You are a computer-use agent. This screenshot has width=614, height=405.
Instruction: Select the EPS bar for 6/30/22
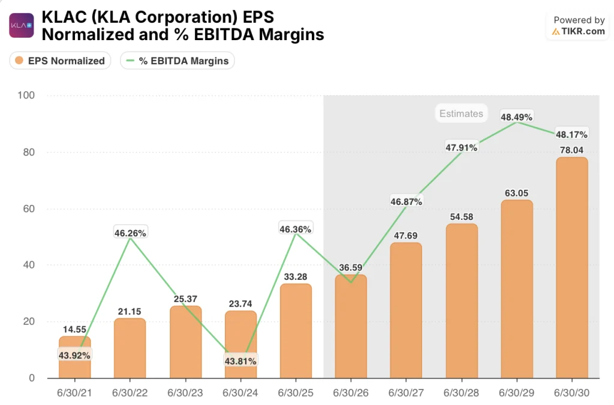[x=130, y=348]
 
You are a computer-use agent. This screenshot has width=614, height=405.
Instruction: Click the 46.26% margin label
[x=130, y=232]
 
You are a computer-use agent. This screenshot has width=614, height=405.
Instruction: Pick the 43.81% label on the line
[x=240, y=361]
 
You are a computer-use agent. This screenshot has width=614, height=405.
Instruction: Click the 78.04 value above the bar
[x=572, y=150]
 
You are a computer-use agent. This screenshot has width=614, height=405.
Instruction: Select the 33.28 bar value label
[x=296, y=276]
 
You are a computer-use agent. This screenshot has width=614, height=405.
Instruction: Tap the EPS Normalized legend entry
[x=60, y=61]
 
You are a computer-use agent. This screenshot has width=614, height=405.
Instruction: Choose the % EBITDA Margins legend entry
[x=177, y=61]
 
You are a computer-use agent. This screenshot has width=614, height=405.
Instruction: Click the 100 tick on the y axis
[x=27, y=95]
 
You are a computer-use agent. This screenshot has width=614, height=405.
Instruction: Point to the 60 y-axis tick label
[x=29, y=208]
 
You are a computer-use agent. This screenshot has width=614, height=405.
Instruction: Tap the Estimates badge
[x=460, y=113]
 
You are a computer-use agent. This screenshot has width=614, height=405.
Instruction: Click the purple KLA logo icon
[x=21, y=25]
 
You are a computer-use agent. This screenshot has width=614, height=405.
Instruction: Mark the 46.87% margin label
[x=406, y=202]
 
